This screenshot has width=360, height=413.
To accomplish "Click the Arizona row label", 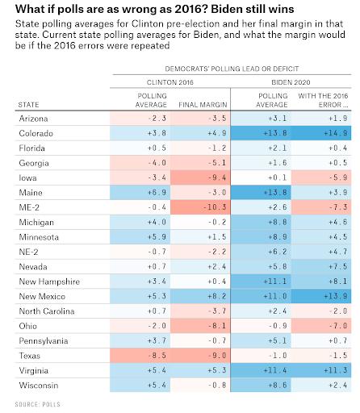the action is pyautogui.click(x=33, y=119).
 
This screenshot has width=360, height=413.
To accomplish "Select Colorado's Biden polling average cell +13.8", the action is pyautogui.click(x=275, y=133).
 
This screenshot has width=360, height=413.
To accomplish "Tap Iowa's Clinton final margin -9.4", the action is pyautogui.click(x=217, y=177).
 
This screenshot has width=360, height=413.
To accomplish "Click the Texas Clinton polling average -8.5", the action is pyautogui.click(x=157, y=356).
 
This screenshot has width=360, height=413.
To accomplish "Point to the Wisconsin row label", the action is pyautogui.click(x=39, y=386).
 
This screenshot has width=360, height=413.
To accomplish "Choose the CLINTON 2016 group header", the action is pyautogui.click(x=170, y=82).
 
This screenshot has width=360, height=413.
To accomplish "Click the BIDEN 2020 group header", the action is pyautogui.click(x=291, y=82).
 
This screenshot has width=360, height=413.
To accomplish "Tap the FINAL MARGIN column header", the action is pyautogui.click(x=203, y=105).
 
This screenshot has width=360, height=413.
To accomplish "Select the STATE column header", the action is pyautogui.click(x=28, y=105).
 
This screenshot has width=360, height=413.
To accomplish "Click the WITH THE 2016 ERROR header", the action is pyautogui.click(x=323, y=100).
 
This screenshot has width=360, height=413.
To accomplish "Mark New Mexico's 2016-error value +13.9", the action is pyautogui.click(x=336, y=296).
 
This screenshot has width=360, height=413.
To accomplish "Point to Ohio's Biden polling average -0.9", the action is pyautogui.click(x=278, y=326).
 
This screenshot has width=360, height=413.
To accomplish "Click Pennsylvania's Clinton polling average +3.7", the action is pyautogui.click(x=157, y=340).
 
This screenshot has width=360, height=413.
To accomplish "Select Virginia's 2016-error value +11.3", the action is pyautogui.click(x=336, y=370).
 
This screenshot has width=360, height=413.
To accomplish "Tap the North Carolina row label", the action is pyautogui.click(x=47, y=311).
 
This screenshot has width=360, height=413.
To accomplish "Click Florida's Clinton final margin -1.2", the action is pyautogui.click(x=217, y=148).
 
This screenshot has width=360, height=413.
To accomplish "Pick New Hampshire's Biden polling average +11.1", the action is pyautogui.click(x=275, y=282).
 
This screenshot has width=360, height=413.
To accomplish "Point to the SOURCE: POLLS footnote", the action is pyautogui.click(x=38, y=404).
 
